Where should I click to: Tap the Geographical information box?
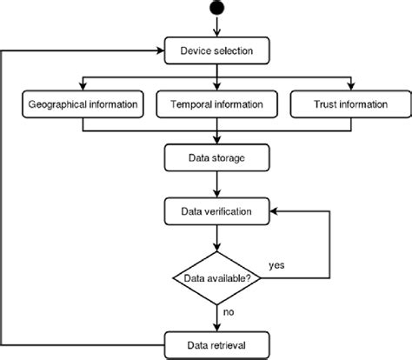[x=83, y=106]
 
